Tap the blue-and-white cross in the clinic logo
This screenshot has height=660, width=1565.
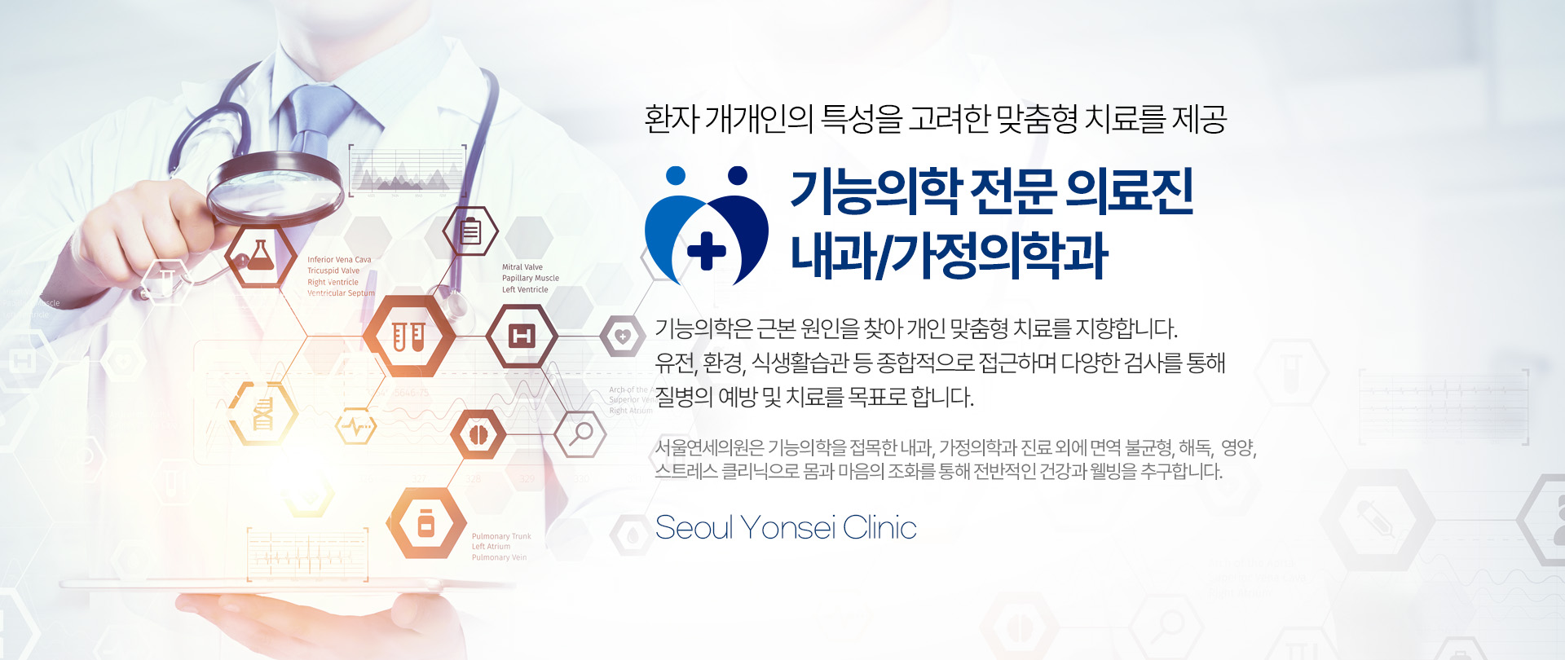(x=707, y=250)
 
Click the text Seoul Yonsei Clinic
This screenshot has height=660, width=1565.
(x=786, y=528)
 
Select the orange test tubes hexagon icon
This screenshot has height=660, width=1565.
(x=408, y=336)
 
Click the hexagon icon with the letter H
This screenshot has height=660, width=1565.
(x=522, y=336)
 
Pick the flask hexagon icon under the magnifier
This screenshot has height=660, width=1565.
(x=260, y=256)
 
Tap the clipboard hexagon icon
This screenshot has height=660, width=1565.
(x=470, y=231)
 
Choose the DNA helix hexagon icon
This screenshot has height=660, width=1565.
(x=262, y=413)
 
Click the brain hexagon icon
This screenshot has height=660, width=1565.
(x=478, y=434)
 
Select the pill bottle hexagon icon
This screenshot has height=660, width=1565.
(x=426, y=524)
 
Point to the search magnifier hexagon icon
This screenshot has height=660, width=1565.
(x=580, y=433)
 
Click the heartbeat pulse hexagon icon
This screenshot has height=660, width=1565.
(x=356, y=425)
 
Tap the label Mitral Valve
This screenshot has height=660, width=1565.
(x=522, y=267)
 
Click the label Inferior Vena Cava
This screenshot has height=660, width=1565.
(x=339, y=260)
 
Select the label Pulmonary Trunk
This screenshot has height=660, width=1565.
(x=501, y=536)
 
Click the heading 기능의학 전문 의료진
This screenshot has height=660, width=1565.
(x=991, y=192)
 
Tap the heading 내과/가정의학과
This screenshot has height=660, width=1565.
(x=949, y=255)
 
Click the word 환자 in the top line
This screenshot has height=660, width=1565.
(x=671, y=119)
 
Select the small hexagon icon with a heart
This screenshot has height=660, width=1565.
(x=623, y=336)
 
